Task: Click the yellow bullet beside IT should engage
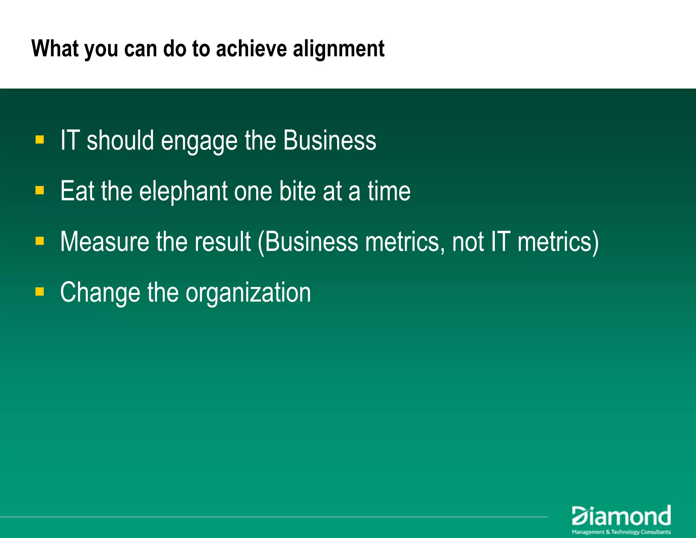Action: click(x=40, y=139)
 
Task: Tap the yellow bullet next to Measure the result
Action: click(x=40, y=241)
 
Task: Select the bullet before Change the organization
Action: click(x=40, y=291)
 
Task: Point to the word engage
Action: click(x=199, y=141)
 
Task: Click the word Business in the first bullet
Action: click(x=329, y=140)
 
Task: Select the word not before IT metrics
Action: click(x=468, y=242)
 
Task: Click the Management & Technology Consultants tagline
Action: click(x=621, y=532)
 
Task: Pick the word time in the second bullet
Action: click(x=389, y=191)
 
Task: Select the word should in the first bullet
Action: click(x=120, y=140)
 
